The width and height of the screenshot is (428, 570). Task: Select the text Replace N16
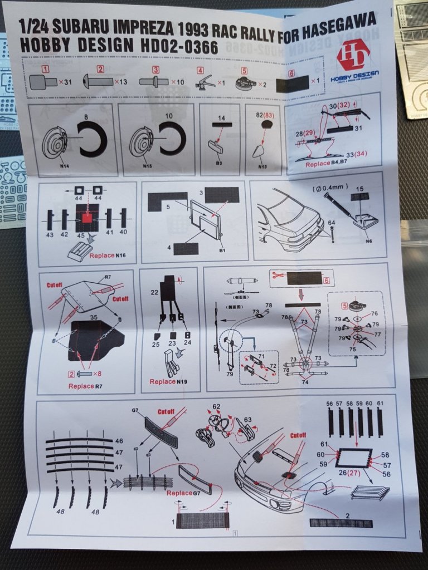point(109,255)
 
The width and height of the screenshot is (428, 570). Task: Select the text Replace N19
point(171,381)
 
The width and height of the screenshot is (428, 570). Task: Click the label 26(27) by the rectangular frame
point(349,472)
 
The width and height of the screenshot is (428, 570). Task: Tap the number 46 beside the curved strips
point(119,440)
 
